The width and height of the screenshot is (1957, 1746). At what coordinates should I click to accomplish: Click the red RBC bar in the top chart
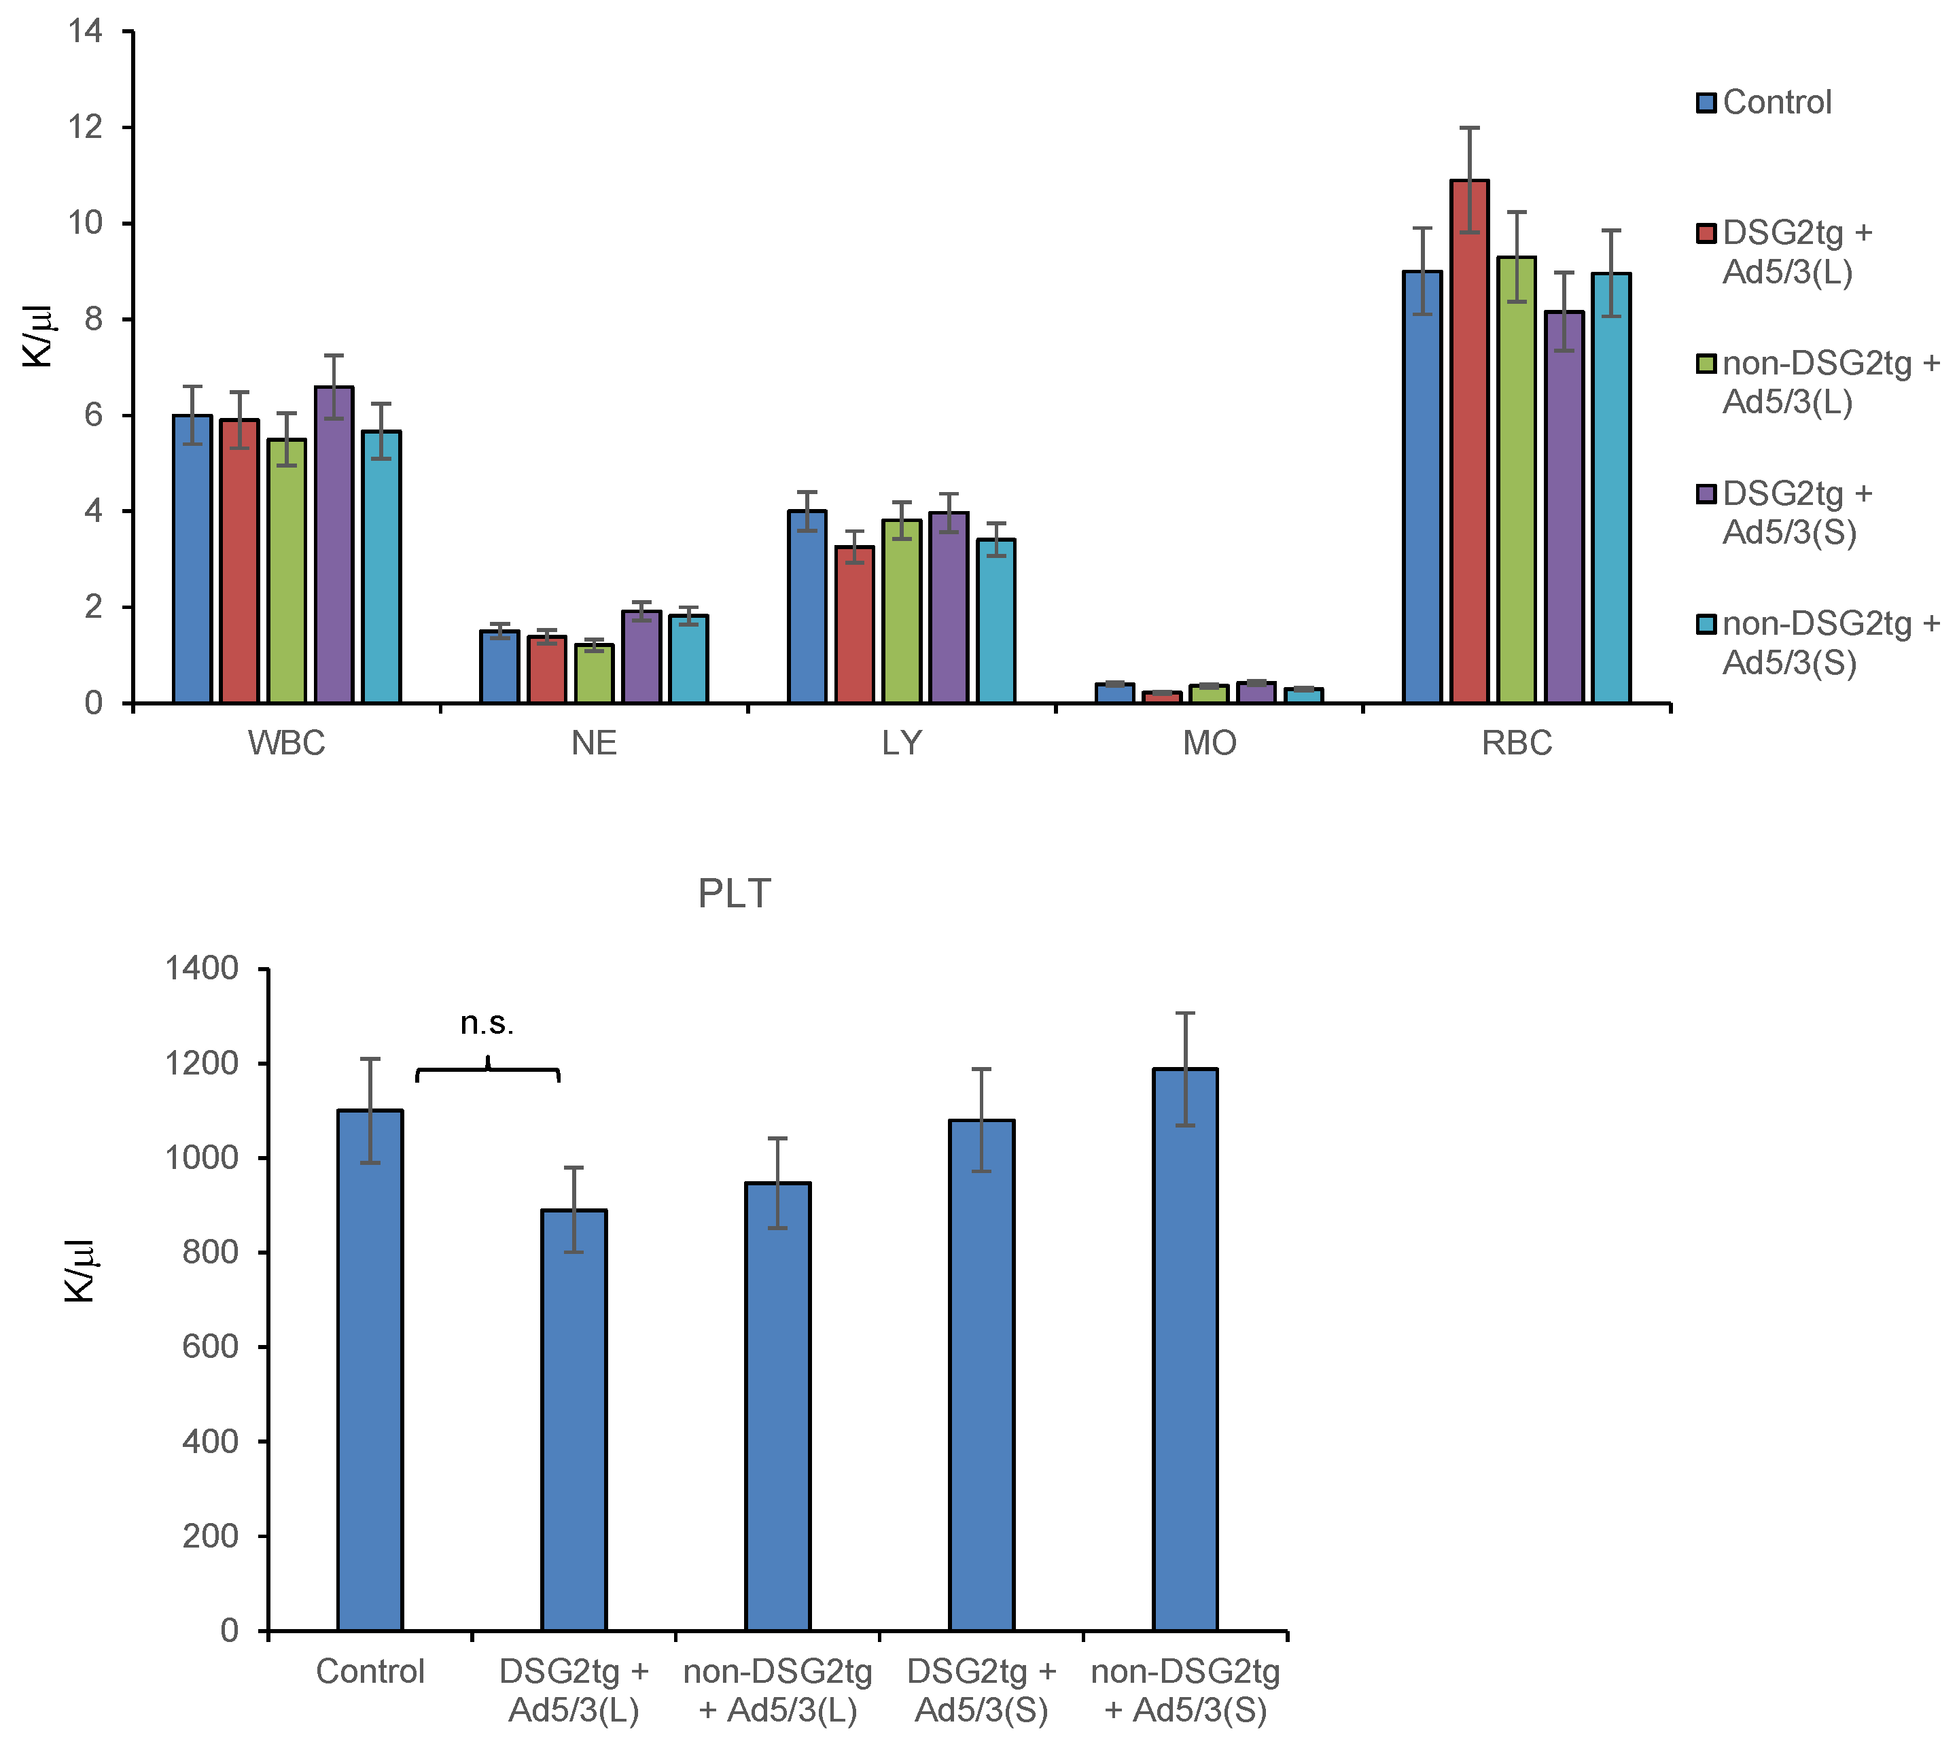point(1468,441)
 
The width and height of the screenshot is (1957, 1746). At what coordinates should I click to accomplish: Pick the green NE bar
point(594,674)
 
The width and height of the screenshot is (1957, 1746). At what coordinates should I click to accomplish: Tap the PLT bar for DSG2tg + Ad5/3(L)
point(574,1420)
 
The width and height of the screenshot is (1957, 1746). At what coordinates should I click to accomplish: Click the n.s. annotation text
point(487,1024)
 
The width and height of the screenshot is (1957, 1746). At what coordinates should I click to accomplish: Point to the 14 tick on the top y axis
point(86,32)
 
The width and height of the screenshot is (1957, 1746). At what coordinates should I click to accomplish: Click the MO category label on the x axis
point(1209,744)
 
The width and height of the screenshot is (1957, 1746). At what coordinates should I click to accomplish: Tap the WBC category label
point(286,744)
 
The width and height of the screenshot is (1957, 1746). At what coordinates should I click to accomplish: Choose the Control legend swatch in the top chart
point(1706,103)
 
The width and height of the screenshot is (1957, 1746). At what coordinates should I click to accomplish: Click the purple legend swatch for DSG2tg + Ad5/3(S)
point(1706,494)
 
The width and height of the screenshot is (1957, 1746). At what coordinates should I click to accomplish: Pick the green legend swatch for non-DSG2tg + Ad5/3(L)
point(1706,364)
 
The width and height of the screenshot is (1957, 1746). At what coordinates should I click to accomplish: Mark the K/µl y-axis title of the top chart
point(38,336)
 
